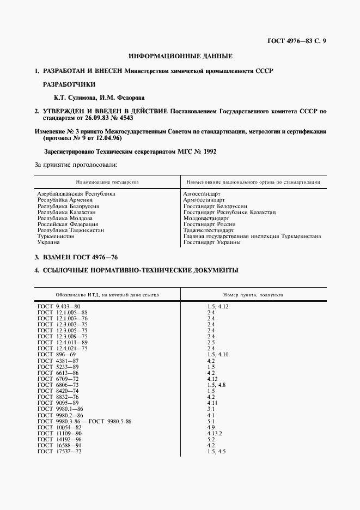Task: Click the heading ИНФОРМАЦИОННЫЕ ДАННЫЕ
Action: click(180, 56)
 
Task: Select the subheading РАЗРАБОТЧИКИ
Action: click(69, 84)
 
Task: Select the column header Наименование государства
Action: click(108, 181)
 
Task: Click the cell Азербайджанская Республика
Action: click(76, 194)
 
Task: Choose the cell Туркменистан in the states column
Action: click(56, 237)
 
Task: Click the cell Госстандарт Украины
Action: click(211, 243)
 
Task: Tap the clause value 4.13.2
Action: click(216, 433)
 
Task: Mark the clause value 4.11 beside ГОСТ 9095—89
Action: click(212, 403)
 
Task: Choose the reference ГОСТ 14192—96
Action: click(60, 439)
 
